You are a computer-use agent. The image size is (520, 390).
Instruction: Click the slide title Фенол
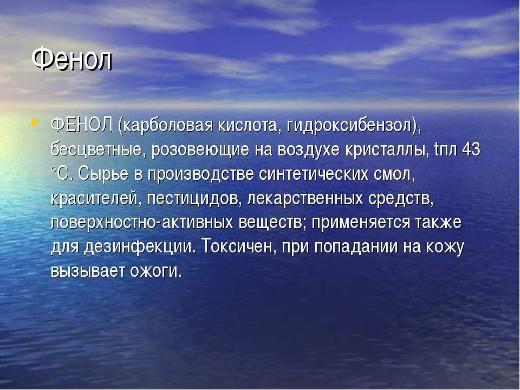71,59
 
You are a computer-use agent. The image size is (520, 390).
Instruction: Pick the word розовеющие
200,150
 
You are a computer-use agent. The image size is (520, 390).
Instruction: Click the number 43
471,150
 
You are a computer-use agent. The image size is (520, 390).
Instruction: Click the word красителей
96,199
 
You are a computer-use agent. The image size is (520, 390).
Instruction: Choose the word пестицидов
194,199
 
